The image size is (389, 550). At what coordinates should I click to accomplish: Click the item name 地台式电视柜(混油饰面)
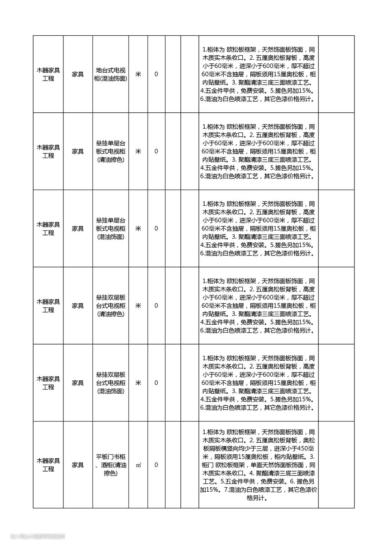tap(111, 75)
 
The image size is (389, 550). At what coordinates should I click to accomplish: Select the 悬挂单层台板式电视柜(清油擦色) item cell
tap(111, 152)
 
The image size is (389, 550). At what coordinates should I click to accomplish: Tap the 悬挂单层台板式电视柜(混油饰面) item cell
tap(111, 229)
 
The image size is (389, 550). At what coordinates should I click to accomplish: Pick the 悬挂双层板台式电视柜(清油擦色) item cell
tap(111, 306)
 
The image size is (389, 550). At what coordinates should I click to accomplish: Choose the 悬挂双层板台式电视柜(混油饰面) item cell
tap(111, 383)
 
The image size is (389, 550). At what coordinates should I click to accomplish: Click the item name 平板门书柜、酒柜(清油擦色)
tap(111, 465)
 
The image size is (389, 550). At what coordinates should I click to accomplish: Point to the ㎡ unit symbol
tap(138, 465)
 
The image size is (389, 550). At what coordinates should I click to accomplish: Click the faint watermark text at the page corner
tap(38, 536)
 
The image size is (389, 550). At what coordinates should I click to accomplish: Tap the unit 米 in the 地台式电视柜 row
tap(138, 75)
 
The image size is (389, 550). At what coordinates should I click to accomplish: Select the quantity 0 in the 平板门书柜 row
tap(156, 465)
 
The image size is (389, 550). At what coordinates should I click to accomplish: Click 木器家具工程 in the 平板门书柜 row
tap(48, 465)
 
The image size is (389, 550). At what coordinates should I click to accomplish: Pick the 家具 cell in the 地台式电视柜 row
tap(78, 75)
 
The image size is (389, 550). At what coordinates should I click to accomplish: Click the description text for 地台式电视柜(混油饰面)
tap(258, 75)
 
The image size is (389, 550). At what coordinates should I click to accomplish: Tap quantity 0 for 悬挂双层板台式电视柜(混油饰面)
tap(156, 383)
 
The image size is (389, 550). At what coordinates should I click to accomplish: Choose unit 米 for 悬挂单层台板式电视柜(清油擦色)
tap(138, 152)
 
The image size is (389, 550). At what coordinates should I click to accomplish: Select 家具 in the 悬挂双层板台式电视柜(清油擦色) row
tap(78, 306)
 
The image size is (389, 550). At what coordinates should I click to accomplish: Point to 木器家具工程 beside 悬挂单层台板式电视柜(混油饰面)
tap(48, 229)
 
